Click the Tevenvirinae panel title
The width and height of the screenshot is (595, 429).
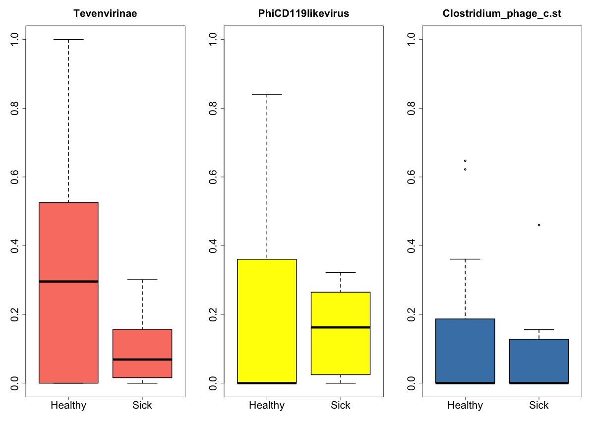[105, 14]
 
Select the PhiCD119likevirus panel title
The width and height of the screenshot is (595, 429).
[303, 14]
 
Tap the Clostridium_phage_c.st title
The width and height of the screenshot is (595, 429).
[502, 14]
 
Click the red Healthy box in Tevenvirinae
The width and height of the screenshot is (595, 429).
[68, 238]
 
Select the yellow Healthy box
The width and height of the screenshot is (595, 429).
[267, 317]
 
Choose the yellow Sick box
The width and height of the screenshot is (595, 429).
[341, 347]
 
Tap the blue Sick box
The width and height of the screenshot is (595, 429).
[539, 360]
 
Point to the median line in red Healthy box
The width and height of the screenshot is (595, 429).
[68, 281]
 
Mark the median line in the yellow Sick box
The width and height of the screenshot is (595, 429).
[341, 327]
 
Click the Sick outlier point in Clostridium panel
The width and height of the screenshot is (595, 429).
[539, 225]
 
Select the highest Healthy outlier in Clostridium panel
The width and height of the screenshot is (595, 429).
[465, 161]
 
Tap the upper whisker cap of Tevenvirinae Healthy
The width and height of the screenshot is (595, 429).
[68, 39]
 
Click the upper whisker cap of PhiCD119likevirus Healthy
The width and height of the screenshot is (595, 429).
[267, 94]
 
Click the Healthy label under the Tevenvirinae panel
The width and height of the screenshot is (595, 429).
[68, 405]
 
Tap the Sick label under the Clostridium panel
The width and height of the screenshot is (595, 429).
[539, 405]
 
